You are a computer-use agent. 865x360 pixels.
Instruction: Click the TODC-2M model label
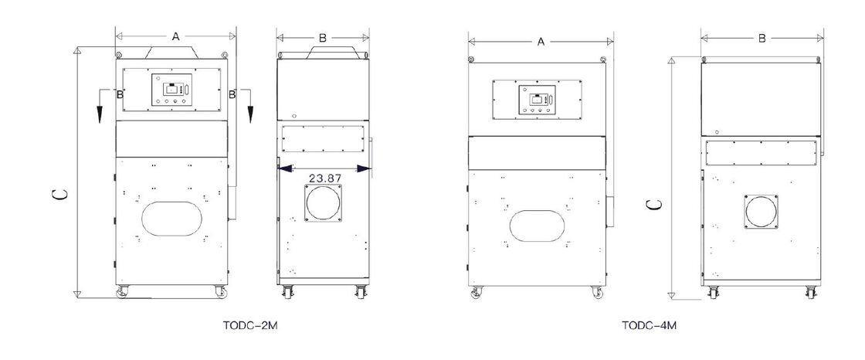click(250, 326)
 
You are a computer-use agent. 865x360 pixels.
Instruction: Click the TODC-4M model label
click(649, 326)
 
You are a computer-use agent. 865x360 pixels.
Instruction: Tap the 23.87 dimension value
click(325, 178)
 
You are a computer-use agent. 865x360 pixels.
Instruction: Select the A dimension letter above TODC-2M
click(175, 37)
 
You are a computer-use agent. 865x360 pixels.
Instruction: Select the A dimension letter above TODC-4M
click(541, 42)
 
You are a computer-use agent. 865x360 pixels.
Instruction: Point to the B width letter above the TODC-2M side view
click(323, 38)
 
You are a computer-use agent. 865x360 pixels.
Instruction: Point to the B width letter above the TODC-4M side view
click(762, 38)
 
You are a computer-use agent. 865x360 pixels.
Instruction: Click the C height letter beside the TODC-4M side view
click(654, 204)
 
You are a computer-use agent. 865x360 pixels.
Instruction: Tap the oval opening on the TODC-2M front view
click(171, 218)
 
